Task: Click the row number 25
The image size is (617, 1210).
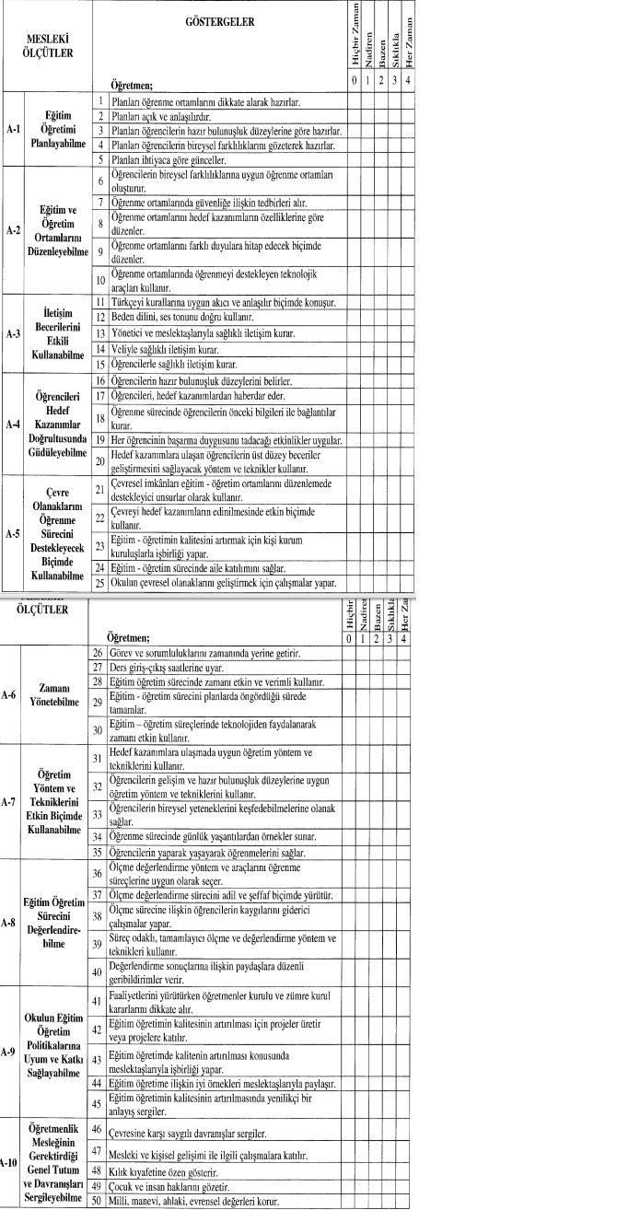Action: point(99,583)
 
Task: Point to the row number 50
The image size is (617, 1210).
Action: point(97,1201)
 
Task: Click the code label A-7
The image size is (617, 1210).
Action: point(9,802)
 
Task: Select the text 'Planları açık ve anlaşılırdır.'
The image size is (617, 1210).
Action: point(161,117)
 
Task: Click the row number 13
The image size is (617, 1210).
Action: point(99,334)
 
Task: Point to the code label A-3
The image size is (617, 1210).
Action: point(11,334)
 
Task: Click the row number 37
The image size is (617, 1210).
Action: point(97,895)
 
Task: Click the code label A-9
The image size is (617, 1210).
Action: point(9,1050)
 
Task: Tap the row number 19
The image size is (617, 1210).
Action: point(99,441)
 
